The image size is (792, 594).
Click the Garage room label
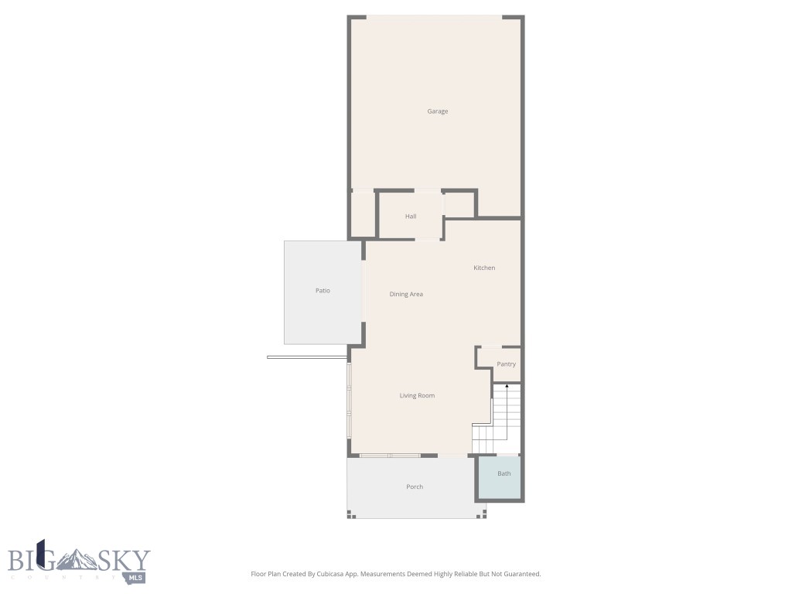438,111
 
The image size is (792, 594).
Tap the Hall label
411,217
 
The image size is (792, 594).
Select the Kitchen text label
484,268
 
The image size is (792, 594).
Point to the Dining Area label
406,294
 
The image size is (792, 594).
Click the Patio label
323,291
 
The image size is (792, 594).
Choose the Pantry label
507,364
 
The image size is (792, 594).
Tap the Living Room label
417,396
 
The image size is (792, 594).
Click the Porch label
415,487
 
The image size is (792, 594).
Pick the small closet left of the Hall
363,214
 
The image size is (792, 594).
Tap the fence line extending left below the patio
306,357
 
